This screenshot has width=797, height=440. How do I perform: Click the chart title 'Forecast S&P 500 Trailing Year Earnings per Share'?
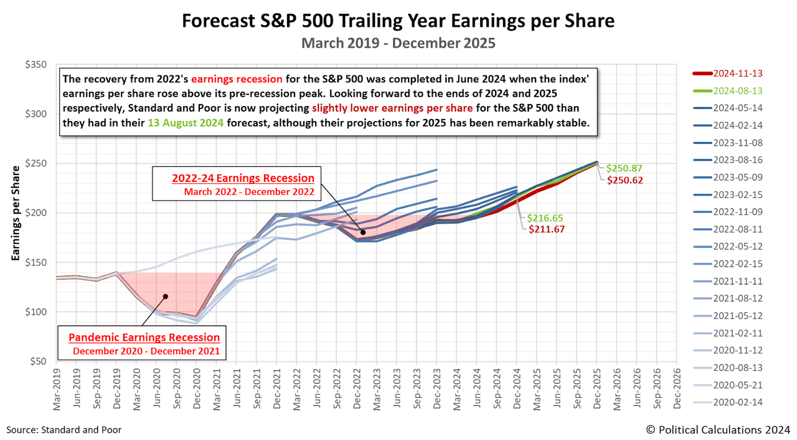(398, 21)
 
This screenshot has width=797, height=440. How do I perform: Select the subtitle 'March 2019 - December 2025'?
(398, 44)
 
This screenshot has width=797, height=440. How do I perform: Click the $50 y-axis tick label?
(39, 361)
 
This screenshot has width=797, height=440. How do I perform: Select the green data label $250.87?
(624, 168)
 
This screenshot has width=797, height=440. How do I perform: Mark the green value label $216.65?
(544, 218)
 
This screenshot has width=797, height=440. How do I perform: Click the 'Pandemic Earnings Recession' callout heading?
(144, 337)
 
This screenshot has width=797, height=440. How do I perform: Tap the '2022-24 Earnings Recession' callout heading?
(244, 178)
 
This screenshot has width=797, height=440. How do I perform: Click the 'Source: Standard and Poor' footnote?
(64, 429)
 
